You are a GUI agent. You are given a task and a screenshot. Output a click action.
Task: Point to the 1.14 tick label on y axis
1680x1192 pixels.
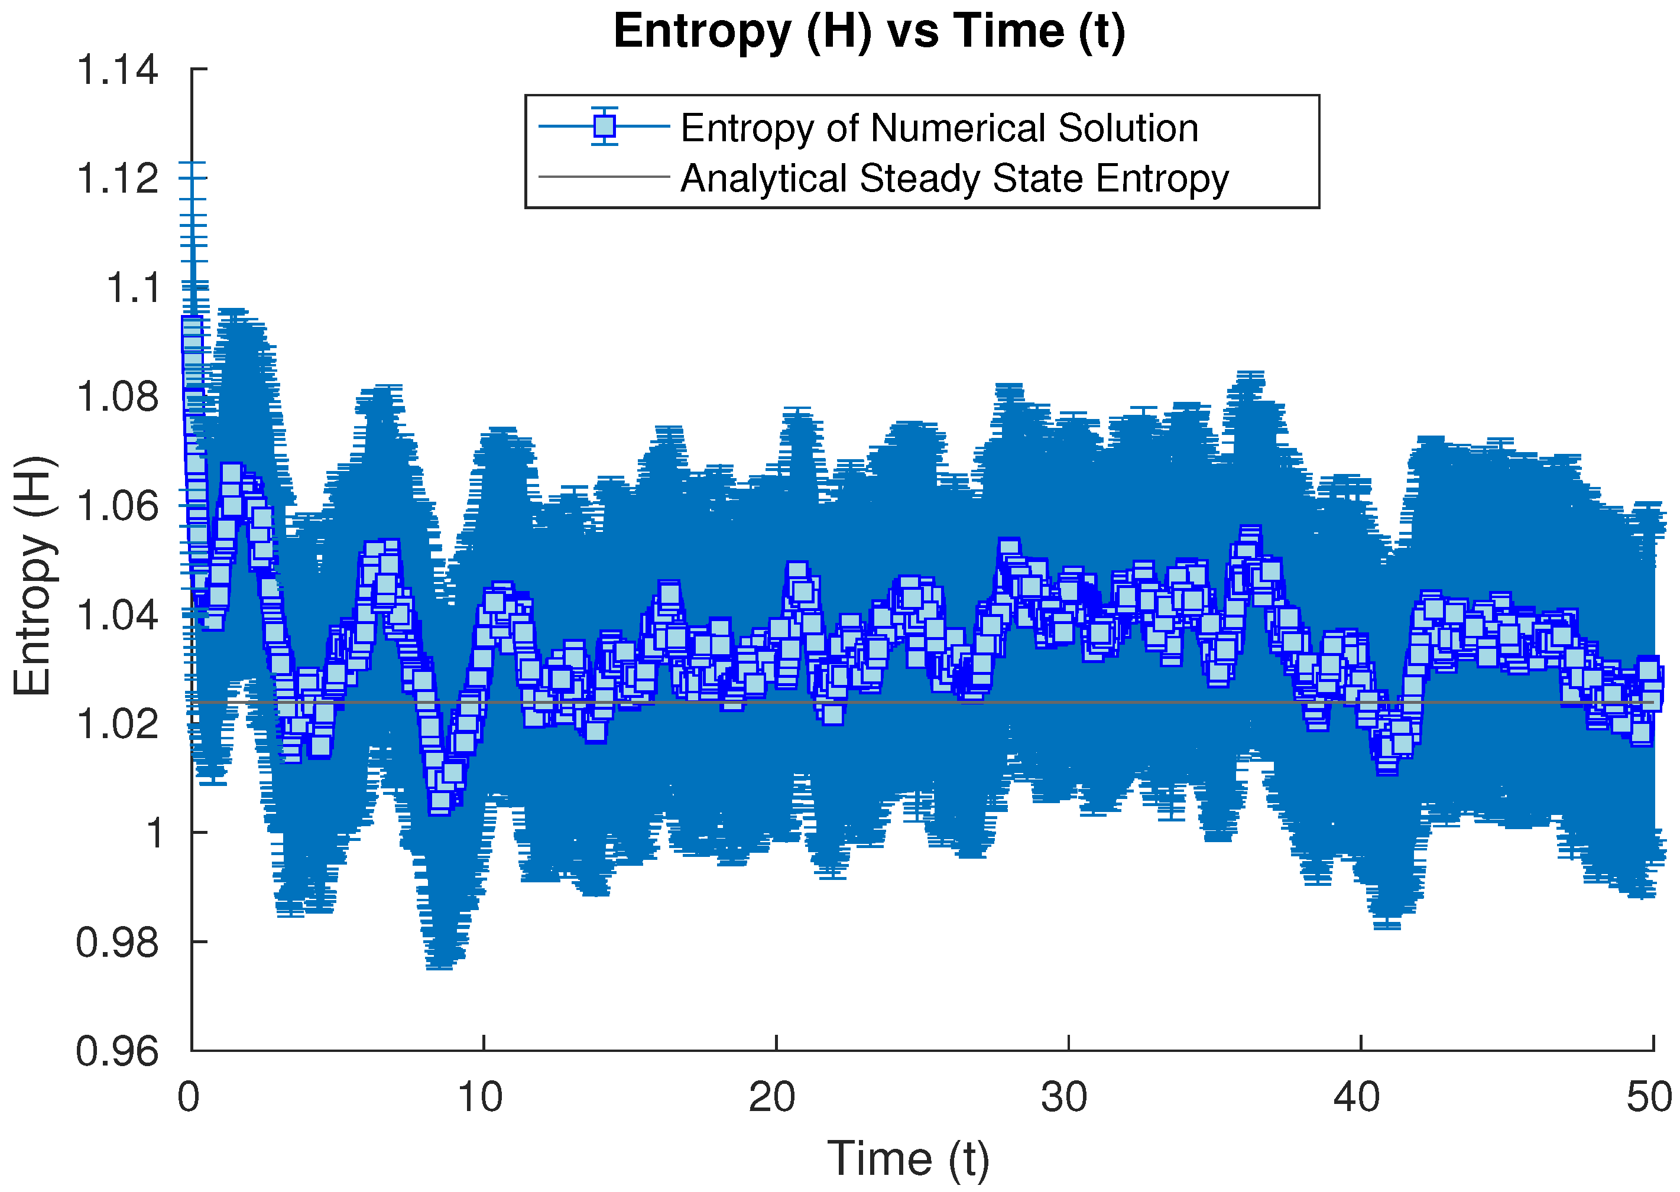coord(118,70)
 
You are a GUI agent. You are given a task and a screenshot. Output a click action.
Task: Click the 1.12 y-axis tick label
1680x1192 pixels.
coord(118,178)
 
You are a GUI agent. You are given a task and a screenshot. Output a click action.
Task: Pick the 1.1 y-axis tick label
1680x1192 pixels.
coord(133,288)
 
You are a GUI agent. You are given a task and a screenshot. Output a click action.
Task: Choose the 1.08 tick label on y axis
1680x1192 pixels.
coord(118,397)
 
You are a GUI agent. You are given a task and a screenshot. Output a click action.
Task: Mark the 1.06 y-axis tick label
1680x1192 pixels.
coord(118,506)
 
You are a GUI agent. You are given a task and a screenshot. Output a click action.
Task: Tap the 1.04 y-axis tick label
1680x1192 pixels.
coord(118,615)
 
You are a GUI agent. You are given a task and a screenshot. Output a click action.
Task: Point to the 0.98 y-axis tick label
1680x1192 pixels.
coord(118,941)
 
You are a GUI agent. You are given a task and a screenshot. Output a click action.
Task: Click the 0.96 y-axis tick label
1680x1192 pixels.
coord(118,1051)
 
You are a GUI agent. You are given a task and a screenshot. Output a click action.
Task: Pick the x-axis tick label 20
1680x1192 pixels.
coord(773,1097)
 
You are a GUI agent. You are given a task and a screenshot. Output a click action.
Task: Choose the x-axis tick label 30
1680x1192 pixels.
coord(1065,1097)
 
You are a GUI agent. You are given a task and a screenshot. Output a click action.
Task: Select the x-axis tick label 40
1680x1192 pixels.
coord(1357,1097)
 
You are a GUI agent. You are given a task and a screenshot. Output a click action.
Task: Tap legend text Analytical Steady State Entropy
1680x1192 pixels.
coord(955,178)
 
